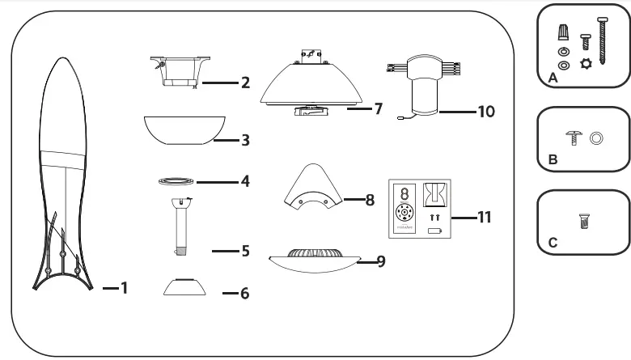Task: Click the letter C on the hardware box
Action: pos(552,242)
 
